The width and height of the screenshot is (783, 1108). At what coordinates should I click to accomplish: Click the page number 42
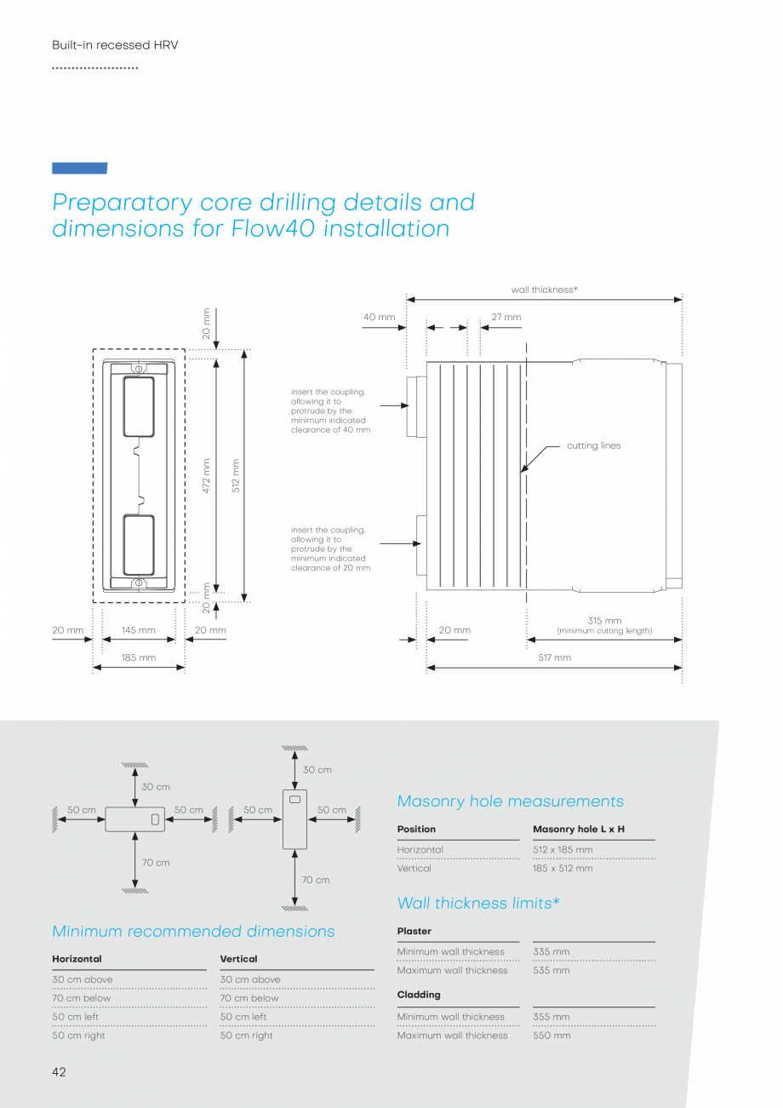[59, 1072]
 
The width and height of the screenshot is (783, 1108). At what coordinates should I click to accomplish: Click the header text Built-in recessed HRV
[115, 45]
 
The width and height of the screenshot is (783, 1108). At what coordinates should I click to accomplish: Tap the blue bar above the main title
[79, 168]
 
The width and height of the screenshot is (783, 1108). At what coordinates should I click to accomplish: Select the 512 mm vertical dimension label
[236, 475]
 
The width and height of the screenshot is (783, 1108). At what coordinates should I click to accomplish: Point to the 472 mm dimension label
[206, 475]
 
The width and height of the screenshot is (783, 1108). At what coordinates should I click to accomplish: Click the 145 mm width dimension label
[138, 630]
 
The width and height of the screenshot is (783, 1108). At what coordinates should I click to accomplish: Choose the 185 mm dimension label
[138, 657]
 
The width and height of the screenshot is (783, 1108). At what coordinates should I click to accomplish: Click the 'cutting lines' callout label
[593, 445]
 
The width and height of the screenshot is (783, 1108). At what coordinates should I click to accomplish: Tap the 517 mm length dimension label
[554, 657]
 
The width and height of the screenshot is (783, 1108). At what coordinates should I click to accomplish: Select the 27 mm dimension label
[506, 317]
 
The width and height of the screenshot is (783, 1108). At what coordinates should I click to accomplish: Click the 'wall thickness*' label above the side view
[544, 290]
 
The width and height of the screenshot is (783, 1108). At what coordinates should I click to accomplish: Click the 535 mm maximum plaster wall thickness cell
[552, 970]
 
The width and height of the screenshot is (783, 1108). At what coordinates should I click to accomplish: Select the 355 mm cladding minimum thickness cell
[552, 1016]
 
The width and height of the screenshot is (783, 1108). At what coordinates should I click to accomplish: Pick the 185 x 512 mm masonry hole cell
[563, 868]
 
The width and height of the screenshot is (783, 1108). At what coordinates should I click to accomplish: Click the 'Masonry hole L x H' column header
[579, 829]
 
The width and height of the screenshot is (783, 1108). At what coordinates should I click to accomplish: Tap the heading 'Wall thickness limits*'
[478, 903]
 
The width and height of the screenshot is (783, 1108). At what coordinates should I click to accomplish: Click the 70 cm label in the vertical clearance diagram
[315, 880]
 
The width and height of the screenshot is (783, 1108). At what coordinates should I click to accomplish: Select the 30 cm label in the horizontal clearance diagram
[155, 787]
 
